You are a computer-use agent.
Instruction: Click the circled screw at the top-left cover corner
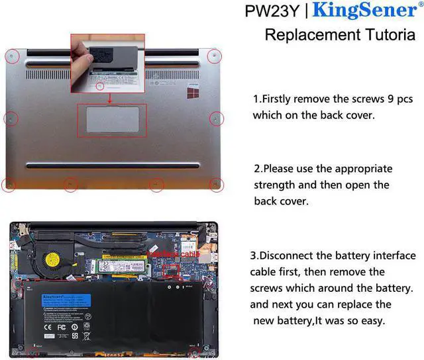(x=11, y=56)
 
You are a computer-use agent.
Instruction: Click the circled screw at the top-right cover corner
(x=214, y=56)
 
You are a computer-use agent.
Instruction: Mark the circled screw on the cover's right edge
(x=215, y=118)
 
